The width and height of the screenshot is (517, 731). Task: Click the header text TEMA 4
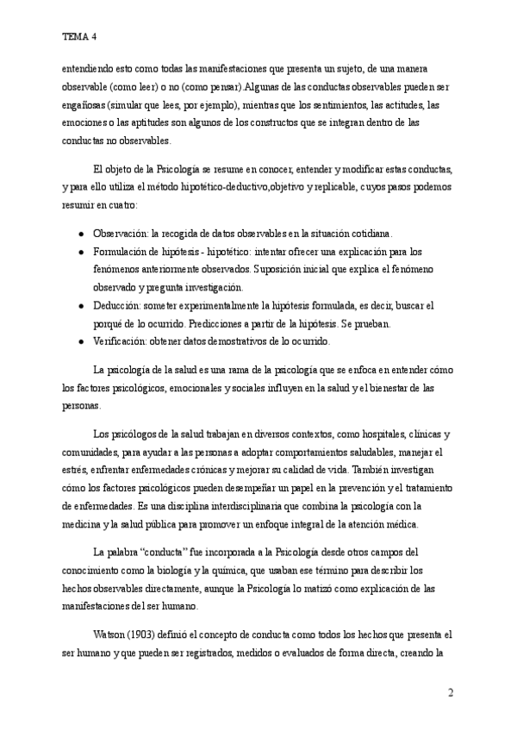tap(79, 37)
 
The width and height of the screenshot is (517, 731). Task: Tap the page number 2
tap(451, 692)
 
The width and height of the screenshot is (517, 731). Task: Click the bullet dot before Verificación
tap(80, 341)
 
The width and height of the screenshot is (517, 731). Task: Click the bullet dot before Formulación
tap(80, 251)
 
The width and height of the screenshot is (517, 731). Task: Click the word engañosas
tap(84, 104)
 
